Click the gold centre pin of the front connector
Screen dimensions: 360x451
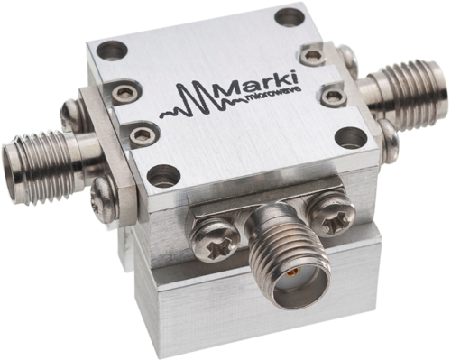coord(290,270)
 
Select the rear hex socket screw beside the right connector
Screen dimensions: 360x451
coord(312,57)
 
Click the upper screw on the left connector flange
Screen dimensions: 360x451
coord(69,114)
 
